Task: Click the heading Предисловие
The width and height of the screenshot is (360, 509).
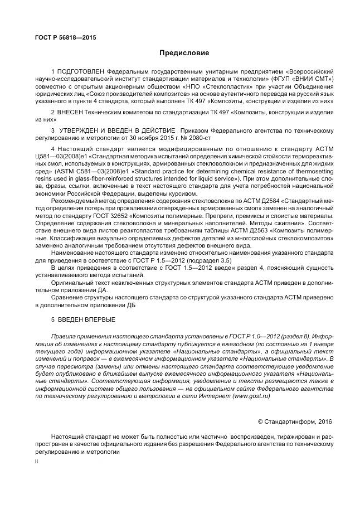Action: (184, 53)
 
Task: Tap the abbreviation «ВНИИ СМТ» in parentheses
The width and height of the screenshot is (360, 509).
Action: (315, 80)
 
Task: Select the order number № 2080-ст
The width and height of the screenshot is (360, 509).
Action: (196, 137)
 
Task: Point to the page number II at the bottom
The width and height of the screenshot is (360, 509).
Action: (37, 462)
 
